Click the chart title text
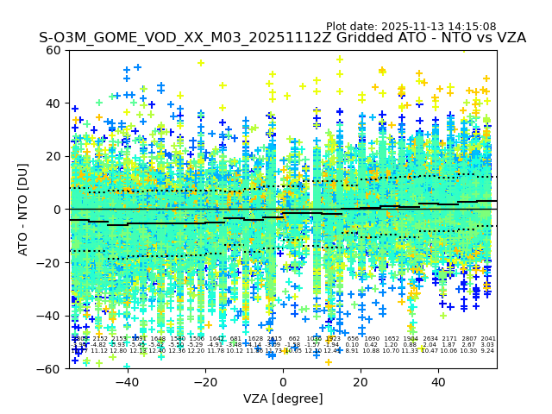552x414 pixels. point(282,38)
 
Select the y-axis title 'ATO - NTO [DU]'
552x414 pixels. point(24,210)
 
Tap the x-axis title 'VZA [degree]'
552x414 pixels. point(283,398)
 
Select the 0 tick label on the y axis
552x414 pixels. point(59,210)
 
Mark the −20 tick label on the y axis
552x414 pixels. point(52,263)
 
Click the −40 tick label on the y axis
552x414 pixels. point(52,316)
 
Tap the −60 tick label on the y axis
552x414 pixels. point(52,369)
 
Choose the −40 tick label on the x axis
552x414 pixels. point(127,382)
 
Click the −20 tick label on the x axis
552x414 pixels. point(205,382)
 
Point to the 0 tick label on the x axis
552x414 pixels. point(283,382)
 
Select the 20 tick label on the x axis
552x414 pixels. point(361,382)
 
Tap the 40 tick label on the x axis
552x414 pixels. point(438,382)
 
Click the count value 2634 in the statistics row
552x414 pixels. point(430,339)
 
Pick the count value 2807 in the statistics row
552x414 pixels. point(468,339)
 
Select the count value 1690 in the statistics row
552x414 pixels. point(372,339)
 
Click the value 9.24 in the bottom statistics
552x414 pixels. point(487,351)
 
